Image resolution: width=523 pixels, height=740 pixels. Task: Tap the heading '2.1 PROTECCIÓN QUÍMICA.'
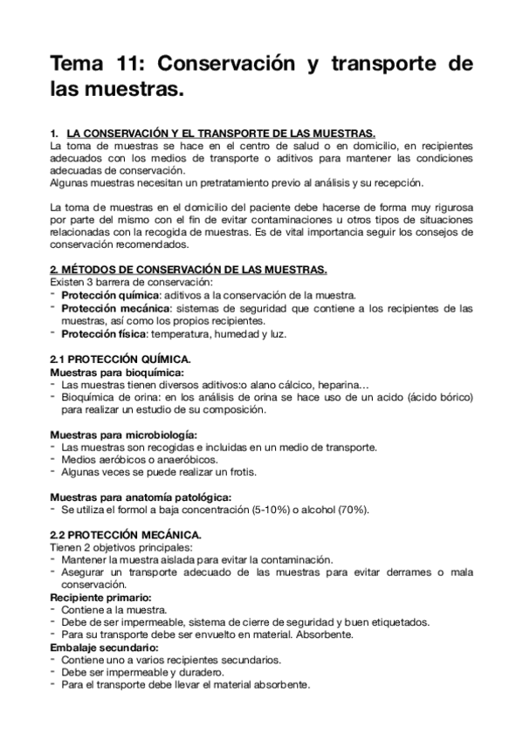pos(118,359)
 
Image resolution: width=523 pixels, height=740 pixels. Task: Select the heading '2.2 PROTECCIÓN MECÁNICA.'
pos(126,533)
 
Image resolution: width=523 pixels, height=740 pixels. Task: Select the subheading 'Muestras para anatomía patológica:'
pos(139,497)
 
